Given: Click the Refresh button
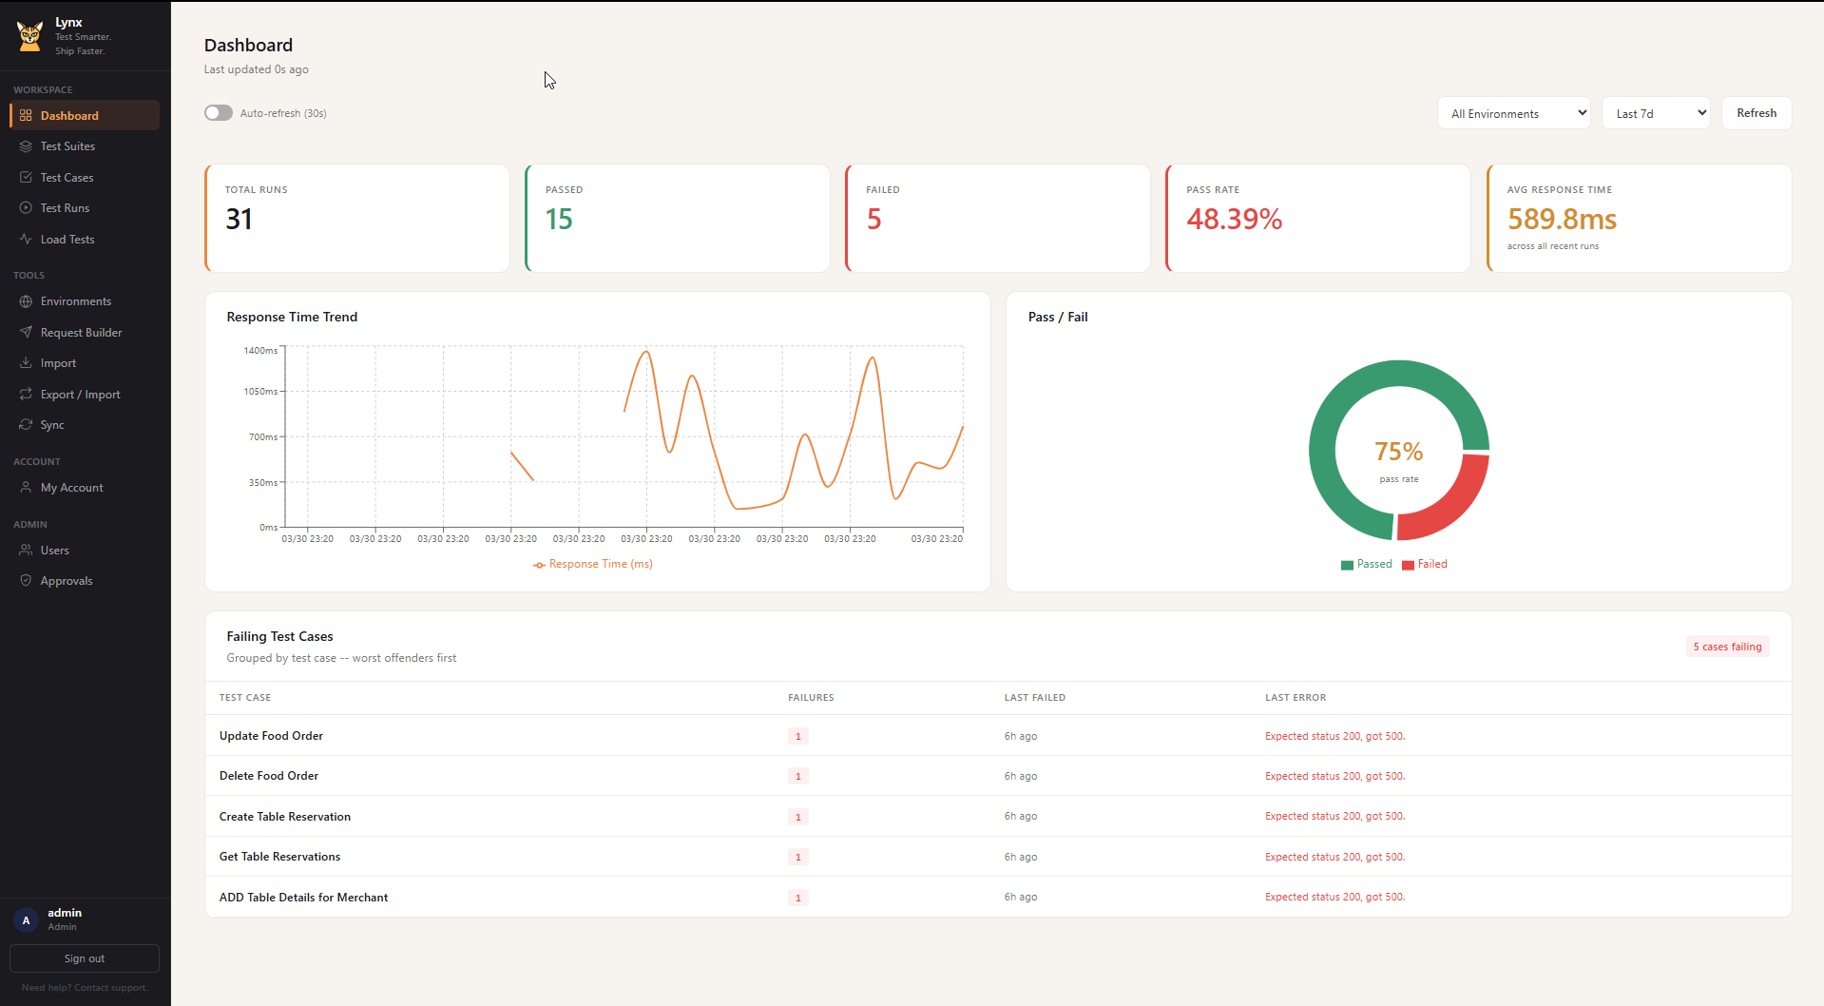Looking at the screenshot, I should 1756,113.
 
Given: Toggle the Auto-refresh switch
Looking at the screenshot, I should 219,113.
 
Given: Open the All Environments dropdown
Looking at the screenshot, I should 1513,113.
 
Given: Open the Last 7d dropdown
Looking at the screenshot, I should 1655,113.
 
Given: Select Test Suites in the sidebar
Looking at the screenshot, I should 67,146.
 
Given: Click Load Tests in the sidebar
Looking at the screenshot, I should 67,240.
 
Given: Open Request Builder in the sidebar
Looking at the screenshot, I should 81,333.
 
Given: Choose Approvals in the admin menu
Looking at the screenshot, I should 67,581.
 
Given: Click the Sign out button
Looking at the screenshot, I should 85,958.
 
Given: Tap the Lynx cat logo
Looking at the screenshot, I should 29,36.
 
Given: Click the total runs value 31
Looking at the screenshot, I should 240,220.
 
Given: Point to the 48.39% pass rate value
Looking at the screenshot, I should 1234,220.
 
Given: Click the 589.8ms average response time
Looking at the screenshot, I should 1561,220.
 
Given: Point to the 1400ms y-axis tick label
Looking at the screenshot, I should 260,351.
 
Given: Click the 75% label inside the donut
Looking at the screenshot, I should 1398,452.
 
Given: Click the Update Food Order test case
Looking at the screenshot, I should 271,736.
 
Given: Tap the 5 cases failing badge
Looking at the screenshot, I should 1726,647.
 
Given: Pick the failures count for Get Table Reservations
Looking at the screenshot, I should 797,857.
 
